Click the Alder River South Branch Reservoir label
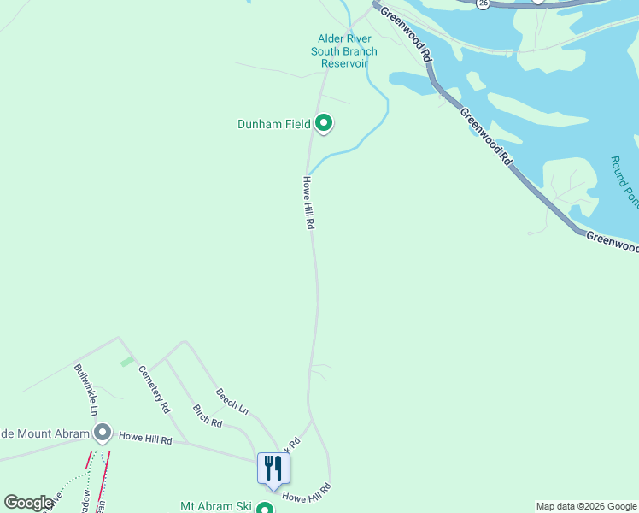pos(343,51)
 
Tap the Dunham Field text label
pos(273,124)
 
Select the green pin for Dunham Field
pos(324,124)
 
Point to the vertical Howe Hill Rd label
pos(309,203)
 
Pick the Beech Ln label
pos(232,401)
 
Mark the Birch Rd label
pos(208,416)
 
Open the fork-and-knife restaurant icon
pos(273,468)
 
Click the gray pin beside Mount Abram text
pos(103,433)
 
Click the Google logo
pos(28,503)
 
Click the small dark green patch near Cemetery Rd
pos(126,362)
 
